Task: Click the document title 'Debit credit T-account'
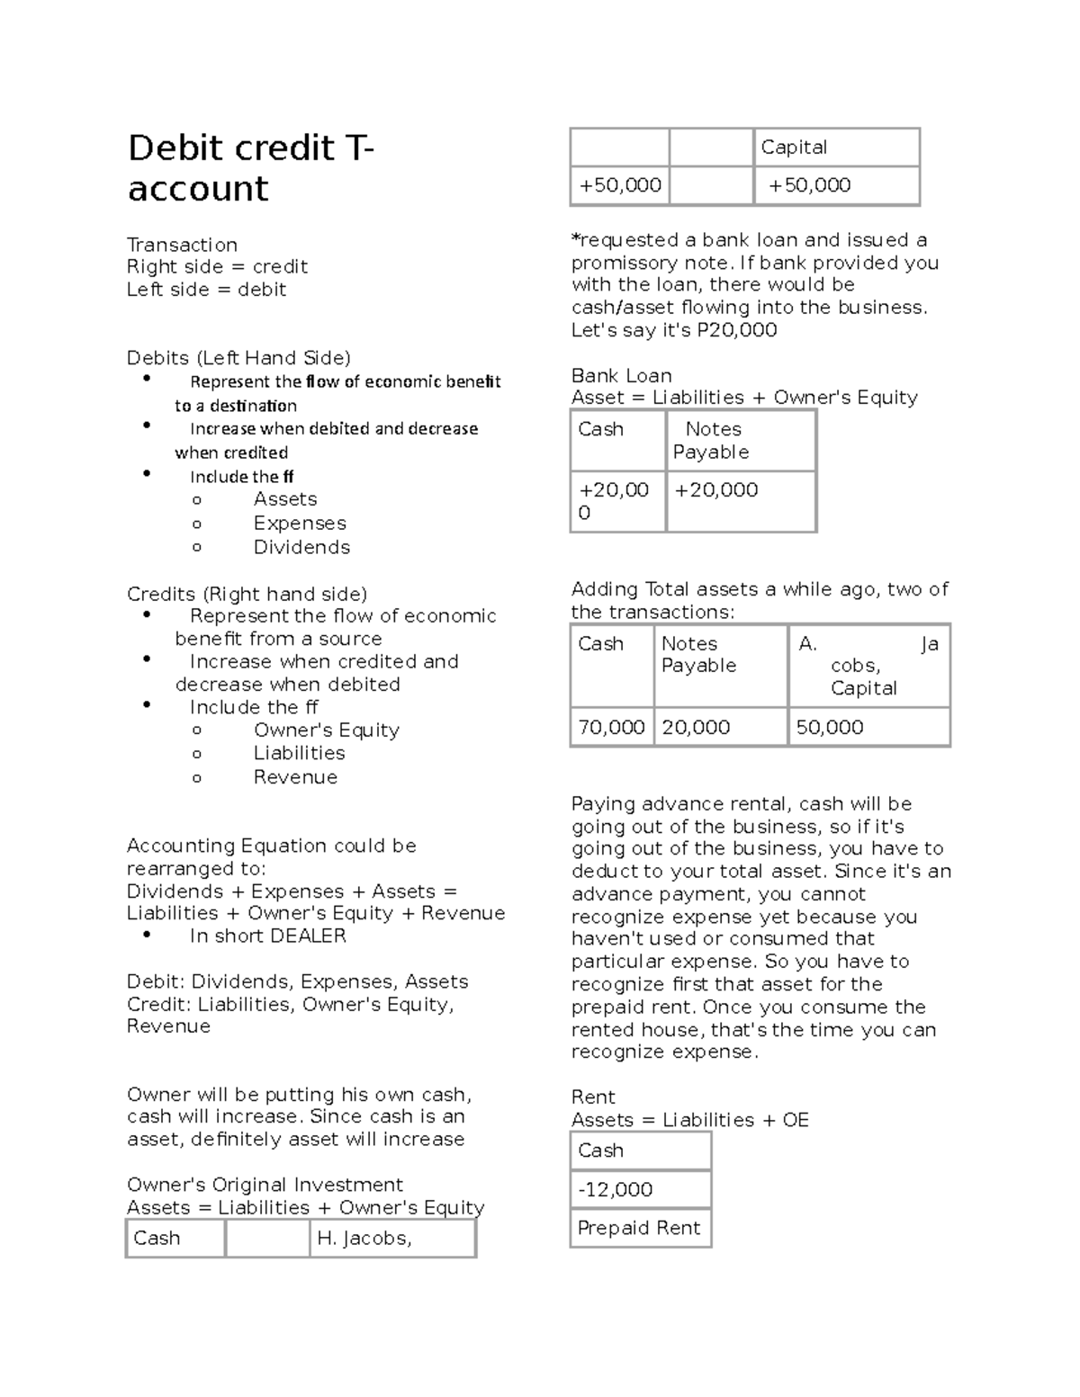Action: point(250,168)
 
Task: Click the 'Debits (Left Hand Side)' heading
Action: point(238,358)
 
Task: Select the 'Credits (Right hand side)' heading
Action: point(247,594)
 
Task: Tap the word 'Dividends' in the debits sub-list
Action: point(301,547)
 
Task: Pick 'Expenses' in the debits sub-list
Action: point(300,523)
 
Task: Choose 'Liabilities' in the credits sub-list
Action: point(299,753)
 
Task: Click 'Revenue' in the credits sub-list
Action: point(295,777)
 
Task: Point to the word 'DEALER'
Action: point(308,936)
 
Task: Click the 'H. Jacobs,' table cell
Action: point(364,1239)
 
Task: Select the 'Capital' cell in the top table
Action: point(794,148)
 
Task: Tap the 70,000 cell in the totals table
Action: point(611,727)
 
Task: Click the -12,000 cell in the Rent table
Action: point(616,1189)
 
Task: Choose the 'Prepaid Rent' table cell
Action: point(639,1228)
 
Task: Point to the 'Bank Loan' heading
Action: point(622,375)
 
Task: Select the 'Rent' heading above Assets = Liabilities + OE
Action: point(593,1097)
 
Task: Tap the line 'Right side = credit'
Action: point(217,266)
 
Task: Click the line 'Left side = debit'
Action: point(206,290)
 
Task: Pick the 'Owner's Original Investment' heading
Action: point(265,1185)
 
